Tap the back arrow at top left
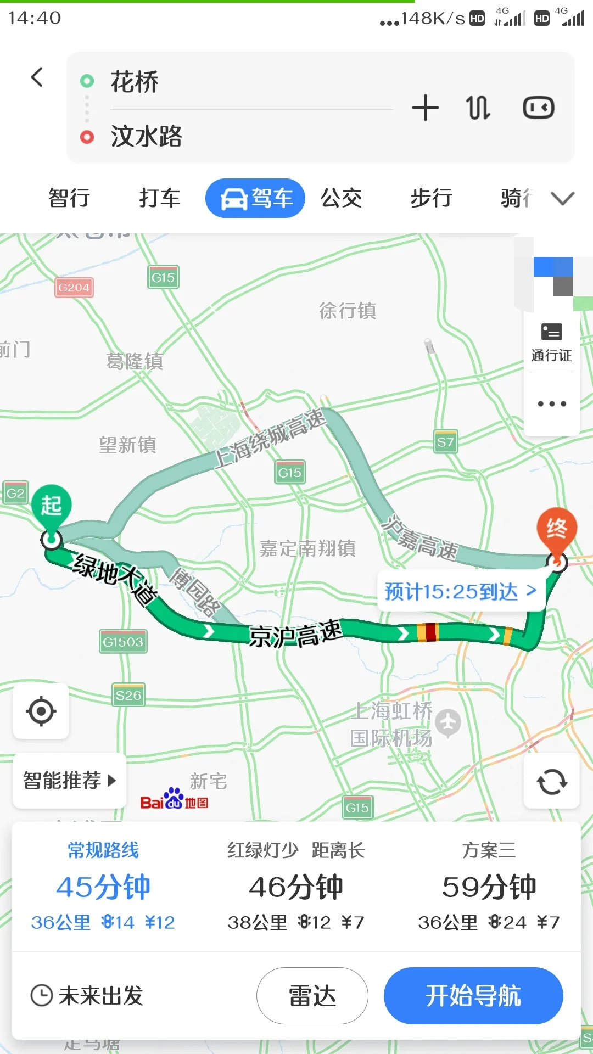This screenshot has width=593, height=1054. (x=37, y=77)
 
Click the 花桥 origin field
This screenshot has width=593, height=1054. (x=231, y=82)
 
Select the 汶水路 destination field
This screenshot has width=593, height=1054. (x=231, y=136)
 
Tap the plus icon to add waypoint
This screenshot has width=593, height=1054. (x=426, y=108)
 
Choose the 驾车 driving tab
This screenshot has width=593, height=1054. (x=255, y=198)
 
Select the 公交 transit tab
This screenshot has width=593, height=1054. (x=341, y=198)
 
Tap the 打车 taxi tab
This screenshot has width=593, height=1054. (x=159, y=198)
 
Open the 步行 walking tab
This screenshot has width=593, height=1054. (x=431, y=198)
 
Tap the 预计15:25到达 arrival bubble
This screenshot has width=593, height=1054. (x=460, y=591)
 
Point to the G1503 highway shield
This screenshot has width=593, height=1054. (x=123, y=642)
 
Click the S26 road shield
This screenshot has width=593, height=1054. (x=128, y=696)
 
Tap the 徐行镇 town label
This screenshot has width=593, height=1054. (x=348, y=311)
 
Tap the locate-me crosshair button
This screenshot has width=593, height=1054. (x=41, y=711)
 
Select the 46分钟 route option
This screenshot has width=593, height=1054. (x=296, y=887)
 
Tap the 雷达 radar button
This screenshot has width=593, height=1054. (x=312, y=995)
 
